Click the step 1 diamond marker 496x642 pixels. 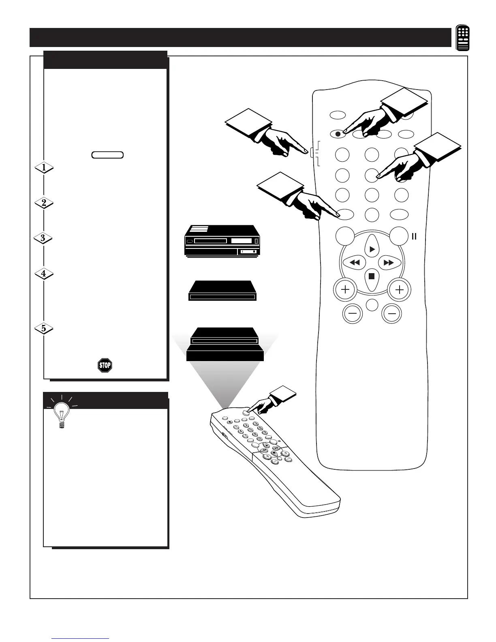coord(44,168)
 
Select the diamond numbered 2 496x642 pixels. coord(44,203)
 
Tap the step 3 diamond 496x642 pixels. coord(43,238)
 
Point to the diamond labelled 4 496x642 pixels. coord(44,274)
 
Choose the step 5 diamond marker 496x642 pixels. coord(44,328)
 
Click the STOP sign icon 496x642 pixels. coord(105,366)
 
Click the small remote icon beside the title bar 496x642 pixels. coord(463,38)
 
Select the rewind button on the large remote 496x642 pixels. coord(354,263)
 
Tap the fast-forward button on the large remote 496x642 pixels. coord(389,263)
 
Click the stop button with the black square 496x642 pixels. coord(372,277)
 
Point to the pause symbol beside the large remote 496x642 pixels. coord(414,236)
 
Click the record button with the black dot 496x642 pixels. coord(338,133)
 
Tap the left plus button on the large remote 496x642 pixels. coord(345,290)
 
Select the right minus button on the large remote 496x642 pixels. coord(392,313)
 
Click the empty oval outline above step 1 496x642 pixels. coord(107,154)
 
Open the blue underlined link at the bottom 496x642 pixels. coord(80,639)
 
